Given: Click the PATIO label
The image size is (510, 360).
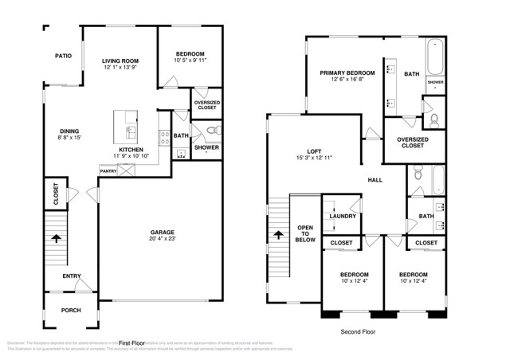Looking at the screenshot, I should [x=63, y=56].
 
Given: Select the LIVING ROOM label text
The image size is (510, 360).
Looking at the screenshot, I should [x=120, y=61].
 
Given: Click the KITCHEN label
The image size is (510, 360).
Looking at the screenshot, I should [x=131, y=149].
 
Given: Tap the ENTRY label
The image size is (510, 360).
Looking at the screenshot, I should [x=72, y=276].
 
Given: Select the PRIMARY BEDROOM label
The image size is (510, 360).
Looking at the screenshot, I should [x=347, y=72].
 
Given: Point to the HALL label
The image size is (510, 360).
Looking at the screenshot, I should [x=375, y=180].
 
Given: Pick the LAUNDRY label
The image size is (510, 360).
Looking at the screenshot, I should [x=342, y=216].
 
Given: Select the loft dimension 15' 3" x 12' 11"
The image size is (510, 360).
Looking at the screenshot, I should [x=313, y=158].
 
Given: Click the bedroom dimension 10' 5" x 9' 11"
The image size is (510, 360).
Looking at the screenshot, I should [x=190, y=60].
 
